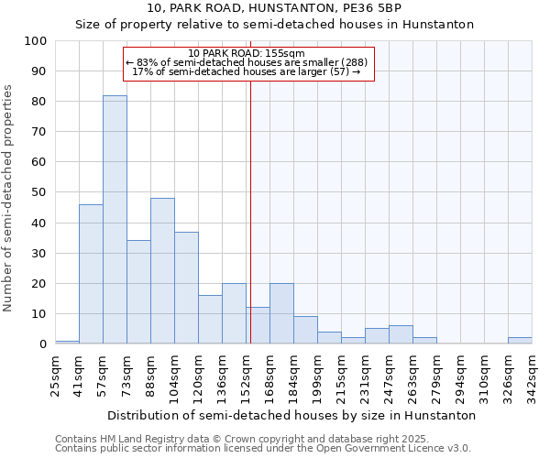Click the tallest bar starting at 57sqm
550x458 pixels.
click(115, 220)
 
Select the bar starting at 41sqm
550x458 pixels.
click(91, 274)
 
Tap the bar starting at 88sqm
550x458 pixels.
click(162, 271)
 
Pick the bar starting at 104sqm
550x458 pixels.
click(186, 288)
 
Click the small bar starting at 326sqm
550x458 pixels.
click(520, 341)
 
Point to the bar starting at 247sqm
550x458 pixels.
click(401, 334)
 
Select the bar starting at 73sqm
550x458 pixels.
click(138, 292)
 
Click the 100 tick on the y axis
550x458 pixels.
click(36, 41)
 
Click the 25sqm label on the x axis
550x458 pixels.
click(56, 370)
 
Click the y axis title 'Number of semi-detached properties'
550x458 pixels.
click(9, 198)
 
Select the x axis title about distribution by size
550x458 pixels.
click(291, 416)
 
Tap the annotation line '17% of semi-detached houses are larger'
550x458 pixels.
click(246, 71)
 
